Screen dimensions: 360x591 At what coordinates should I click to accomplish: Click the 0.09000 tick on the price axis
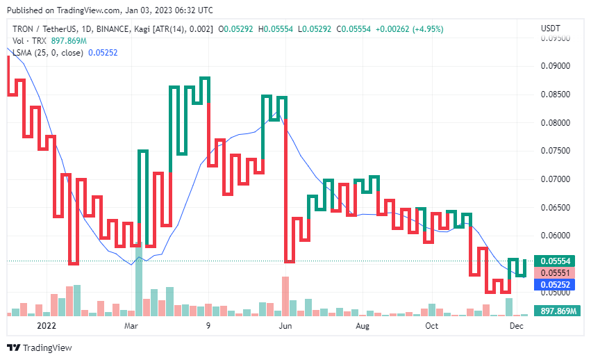coord(555,66)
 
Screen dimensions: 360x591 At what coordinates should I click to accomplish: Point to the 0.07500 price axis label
coord(555,151)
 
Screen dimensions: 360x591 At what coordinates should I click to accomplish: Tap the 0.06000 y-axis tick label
coord(555,236)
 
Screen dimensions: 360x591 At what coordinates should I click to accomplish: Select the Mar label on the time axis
coord(131,325)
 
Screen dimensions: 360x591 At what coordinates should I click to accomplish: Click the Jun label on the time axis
coord(284,325)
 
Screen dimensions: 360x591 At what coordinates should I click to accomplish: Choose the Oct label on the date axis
coord(432,325)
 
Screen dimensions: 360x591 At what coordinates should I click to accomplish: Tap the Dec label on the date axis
coord(517,325)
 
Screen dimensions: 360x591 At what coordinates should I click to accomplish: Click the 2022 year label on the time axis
coord(47,325)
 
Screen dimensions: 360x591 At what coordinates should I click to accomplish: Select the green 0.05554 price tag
coord(555,261)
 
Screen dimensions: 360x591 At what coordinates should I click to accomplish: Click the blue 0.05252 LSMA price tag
coord(555,284)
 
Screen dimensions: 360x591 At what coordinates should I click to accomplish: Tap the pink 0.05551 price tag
coord(555,272)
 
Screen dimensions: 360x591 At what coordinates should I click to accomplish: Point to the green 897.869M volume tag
coord(555,311)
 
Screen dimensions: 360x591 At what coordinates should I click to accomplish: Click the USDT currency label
coord(551,28)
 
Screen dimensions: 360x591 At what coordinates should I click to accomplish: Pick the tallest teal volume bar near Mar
coord(138,281)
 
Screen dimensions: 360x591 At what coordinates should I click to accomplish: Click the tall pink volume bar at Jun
coord(285,296)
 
